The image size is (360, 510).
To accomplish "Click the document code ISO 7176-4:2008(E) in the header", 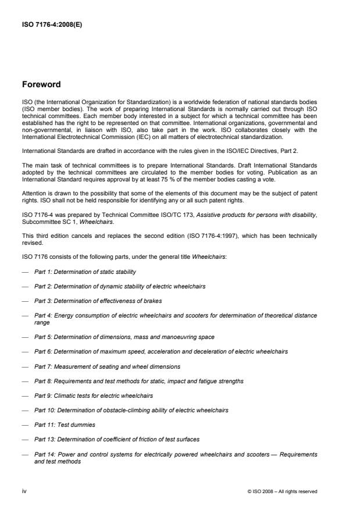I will point(51,25).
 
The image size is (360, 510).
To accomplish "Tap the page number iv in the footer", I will point(24,491).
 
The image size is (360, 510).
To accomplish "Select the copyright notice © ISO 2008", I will point(282,491).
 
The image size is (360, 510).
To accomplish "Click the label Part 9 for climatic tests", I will point(42,395).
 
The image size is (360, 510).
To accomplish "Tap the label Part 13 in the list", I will point(44,439).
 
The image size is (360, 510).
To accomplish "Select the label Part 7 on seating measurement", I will point(42,366).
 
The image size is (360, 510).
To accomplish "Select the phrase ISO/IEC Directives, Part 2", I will point(279,150).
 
